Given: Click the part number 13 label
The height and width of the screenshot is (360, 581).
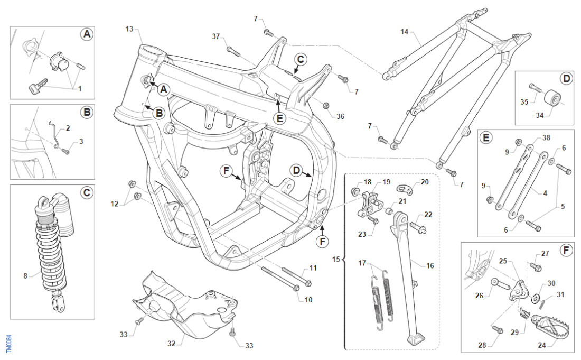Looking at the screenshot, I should point(129,29).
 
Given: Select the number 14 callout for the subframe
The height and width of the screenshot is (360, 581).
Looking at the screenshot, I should point(404,32).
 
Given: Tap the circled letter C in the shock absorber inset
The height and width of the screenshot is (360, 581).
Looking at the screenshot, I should point(87,193).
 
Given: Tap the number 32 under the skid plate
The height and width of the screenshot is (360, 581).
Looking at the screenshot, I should point(171,344).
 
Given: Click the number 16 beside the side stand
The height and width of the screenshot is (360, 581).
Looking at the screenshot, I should point(430,266).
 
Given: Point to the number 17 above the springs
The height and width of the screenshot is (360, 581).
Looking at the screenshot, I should point(362,263).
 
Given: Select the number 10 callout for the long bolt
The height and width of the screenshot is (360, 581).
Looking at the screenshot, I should point(308,300).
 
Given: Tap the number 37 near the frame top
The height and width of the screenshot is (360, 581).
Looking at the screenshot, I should point(215,36).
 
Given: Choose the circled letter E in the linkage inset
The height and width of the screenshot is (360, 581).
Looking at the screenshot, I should point(485,138).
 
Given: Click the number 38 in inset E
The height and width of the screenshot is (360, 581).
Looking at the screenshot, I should point(546,137).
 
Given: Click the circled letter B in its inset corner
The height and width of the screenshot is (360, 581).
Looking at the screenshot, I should point(87,112).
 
